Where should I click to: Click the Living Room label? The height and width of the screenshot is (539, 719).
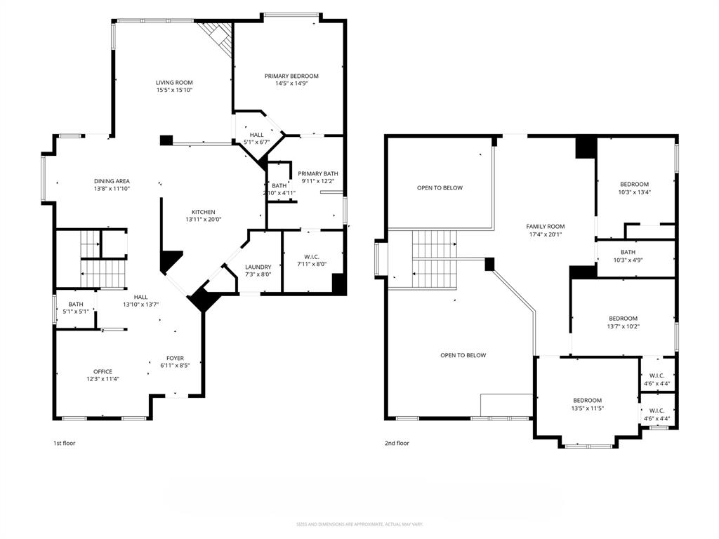coord(174,83)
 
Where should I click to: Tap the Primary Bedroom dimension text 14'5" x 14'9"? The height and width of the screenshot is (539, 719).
coord(291,84)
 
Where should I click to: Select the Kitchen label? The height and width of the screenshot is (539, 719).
coord(204,212)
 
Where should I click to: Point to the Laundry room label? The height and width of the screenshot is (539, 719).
coord(258,267)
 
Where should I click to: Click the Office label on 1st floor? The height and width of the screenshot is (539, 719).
coord(103,372)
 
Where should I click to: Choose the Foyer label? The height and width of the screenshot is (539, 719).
coord(175,358)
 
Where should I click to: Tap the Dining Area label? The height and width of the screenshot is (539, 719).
coord(112,181)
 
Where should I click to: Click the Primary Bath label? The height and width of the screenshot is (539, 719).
coord(317,173)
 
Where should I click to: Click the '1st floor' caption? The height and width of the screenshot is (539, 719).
coord(64,443)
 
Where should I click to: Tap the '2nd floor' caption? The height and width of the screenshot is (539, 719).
coord(397,443)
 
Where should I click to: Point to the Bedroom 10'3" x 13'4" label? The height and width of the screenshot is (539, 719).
coord(634,184)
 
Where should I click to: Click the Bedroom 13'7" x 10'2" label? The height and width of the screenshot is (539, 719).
coord(623,318)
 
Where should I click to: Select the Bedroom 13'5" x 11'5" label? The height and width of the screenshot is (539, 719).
coord(586,400)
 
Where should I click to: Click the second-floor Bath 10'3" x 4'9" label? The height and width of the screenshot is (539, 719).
coord(628,252)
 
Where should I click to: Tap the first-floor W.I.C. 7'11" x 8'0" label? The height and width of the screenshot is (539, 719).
coord(312,256)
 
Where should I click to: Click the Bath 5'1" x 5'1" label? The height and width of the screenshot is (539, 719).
coord(76,304)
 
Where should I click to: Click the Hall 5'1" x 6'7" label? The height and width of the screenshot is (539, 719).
coord(256,135)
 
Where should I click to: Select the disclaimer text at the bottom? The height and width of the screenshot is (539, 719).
coord(359,524)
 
